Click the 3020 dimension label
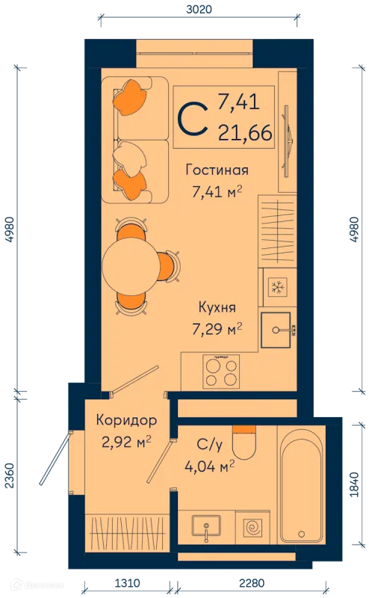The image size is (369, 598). pyautogui.click(x=199, y=9)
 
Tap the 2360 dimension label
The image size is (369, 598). pyautogui.click(x=9, y=475)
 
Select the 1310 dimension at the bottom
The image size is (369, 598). pyautogui.click(x=127, y=583)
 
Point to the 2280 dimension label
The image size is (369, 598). pyautogui.click(x=252, y=583)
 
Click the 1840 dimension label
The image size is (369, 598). pyautogui.click(x=355, y=484)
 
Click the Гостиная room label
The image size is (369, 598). pyautogui.click(x=217, y=170)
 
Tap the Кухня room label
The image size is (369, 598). pyautogui.click(x=217, y=307)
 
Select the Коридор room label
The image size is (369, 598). pyautogui.click(x=126, y=420)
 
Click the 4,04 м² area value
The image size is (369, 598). pyautogui.click(x=209, y=466)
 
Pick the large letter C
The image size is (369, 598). pyautogui.click(x=193, y=119)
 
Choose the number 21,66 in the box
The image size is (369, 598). pyautogui.click(x=245, y=133)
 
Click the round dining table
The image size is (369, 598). pyautogui.click(x=131, y=266)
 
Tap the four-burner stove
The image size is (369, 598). pyautogui.click(x=221, y=369)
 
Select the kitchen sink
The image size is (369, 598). pyautogui.click(x=276, y=330)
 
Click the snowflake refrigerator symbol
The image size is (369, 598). pyautogui.click(x=277, y=287)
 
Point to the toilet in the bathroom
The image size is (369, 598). pyautogui.click(x=244, y=443)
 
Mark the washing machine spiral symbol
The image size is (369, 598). pyautogui.click(x=252, y=528)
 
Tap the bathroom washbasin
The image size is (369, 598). pyautogui.click(x=206, y=526)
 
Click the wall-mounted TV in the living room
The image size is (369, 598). pyautogui.click(x=288, y=141)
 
